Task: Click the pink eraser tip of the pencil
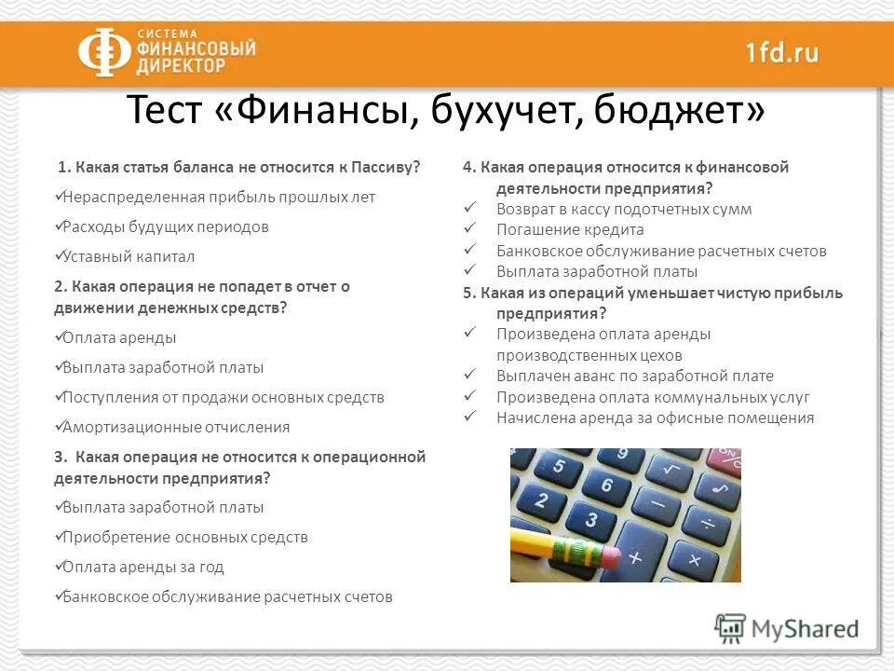point(610,557)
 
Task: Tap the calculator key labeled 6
point(607,486)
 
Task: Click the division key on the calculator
point(707,525)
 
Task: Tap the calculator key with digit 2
point(542,500)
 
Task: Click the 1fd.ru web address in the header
point(781,52)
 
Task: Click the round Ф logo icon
point(103,52)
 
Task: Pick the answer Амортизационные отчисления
point(176,427)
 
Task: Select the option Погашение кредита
point(570,229)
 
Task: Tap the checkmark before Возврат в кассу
point(471,209)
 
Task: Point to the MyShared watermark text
point(805,629)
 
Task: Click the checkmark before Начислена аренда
point(471,418)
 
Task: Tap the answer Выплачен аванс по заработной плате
point(635,376)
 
